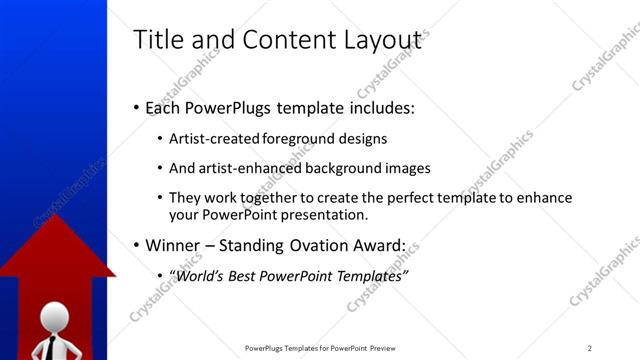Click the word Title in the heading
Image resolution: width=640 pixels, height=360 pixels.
[156, 40]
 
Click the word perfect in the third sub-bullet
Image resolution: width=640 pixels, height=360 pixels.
[375, 198]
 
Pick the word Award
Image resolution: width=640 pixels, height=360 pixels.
[378, 245]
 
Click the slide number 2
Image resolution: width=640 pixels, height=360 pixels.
[590, 348]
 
